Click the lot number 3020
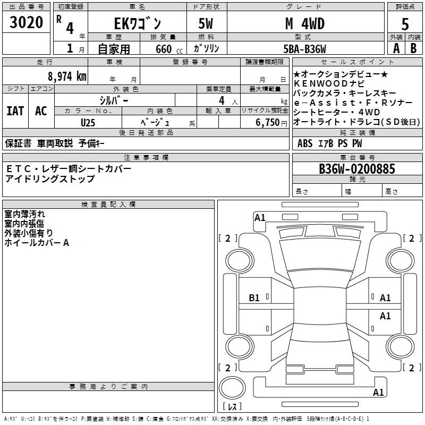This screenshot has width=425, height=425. pyautogui.click(x=27, y=23)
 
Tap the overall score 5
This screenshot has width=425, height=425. pyautogui.click(x=405, y=24)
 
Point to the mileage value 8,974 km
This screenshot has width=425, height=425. pyautogui.click(x=66, y=76)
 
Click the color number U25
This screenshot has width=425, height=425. pyautogui.click(x=88, y=122)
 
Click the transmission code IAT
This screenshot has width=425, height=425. pyautogui.click(x=15, y=111)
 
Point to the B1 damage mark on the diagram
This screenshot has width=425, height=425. pyautogui.click(x=254, y=298)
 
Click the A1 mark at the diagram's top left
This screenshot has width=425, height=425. pyautogui.click(x=260, y=217)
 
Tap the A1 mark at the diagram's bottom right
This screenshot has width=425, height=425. pyautogui.click(x=378, y=393)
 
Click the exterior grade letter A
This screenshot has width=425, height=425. pyautogui.click(x=396, y=48)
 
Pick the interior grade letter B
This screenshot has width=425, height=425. pyautogui.click(x=414, y=48)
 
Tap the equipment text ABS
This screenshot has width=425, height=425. pyautogui.click(x=305, y=143)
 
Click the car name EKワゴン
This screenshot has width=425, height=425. pyautogui.click(x=137, y=24)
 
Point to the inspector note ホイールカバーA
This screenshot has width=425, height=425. pyautogui.click(x=37, y=243)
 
